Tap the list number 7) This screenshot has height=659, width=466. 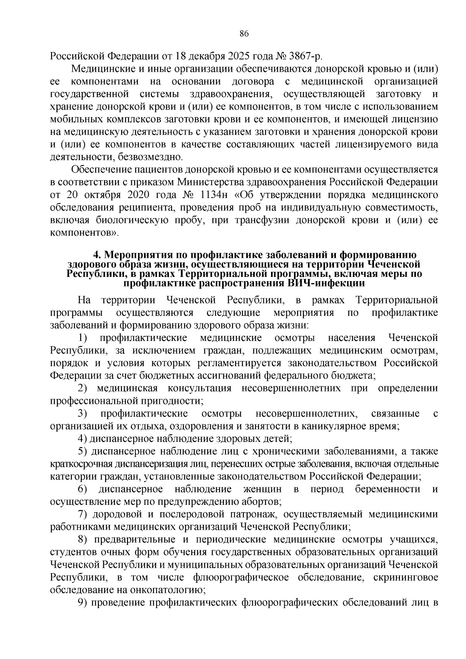click(x=83, y=515)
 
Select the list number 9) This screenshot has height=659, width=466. click(x=83, y=603)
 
